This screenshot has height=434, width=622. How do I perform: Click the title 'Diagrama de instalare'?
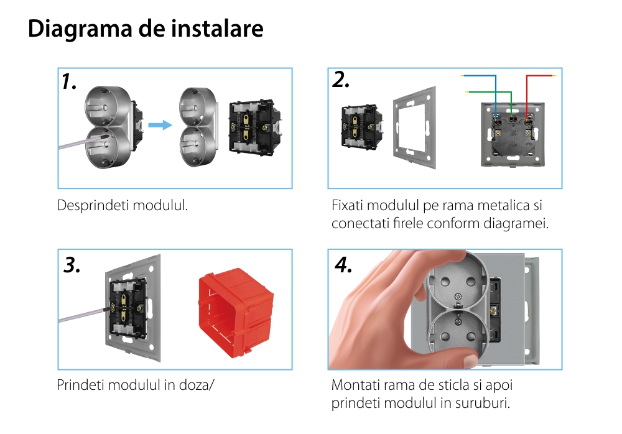point(146,29)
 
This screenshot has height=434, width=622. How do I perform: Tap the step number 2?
point(340,80)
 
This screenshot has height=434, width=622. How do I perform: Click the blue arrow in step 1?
point(160,125)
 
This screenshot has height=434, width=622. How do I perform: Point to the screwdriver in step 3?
point(81,314)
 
